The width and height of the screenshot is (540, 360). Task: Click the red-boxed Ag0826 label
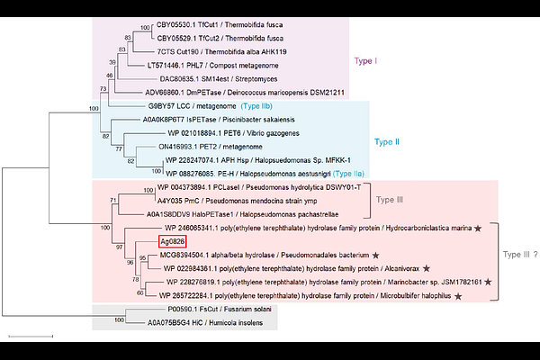pyautogui.click(x=173, y=241)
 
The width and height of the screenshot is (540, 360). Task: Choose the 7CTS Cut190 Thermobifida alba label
pyautogui.click(x=221, y=52)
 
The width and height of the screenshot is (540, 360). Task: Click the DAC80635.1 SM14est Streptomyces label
pyautogui.click(x=220, y=78)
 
